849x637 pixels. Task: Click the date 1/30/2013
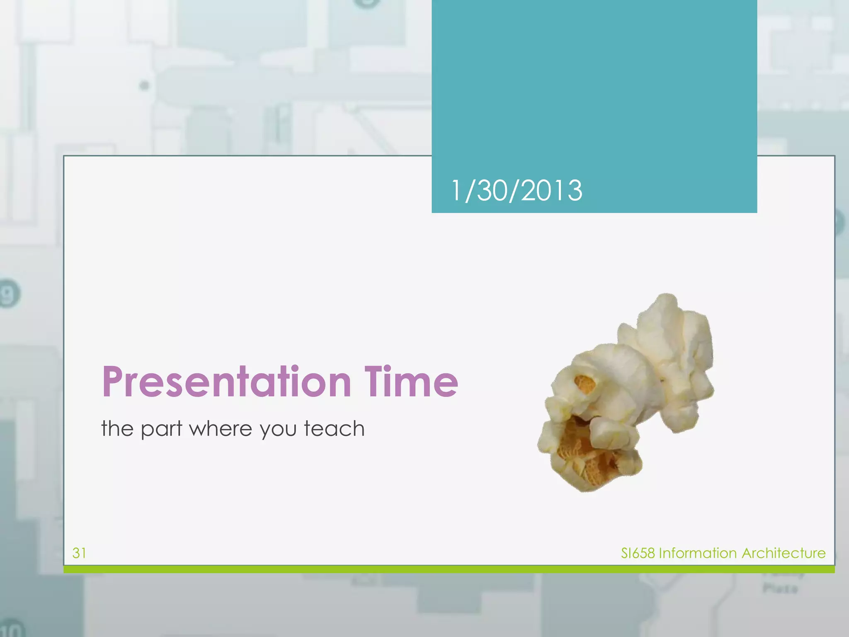coord(516,191)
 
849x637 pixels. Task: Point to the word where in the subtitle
coord(221,429)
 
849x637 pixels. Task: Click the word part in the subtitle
coord(161,429)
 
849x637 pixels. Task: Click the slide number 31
coord(79,553)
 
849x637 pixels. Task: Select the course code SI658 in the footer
coord(638,553)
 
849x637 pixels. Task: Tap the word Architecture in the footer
coord(784,553)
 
